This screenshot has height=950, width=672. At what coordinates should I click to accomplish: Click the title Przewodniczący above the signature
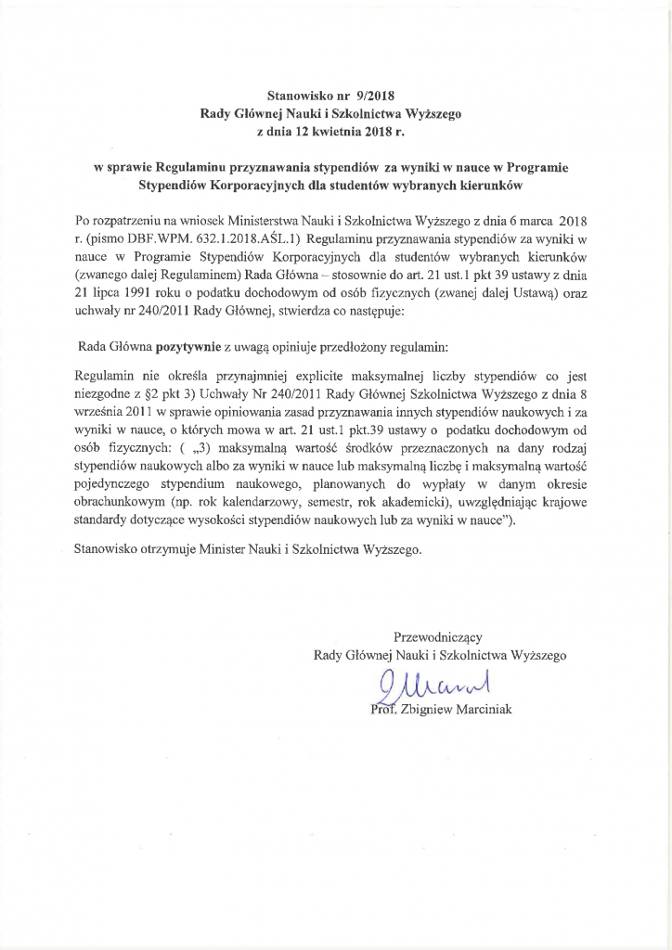(439, 637)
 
